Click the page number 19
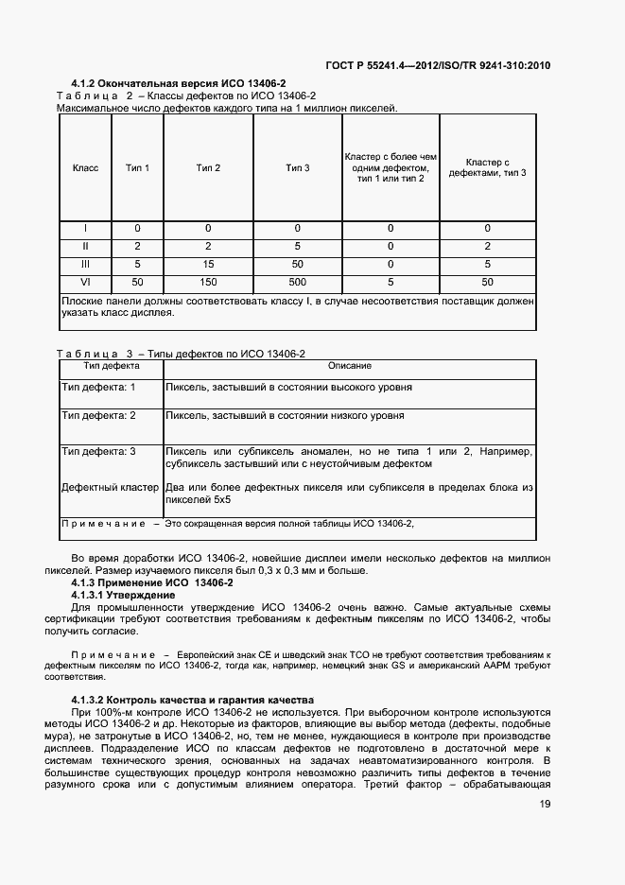545,804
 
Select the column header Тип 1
138,168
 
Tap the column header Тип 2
208,168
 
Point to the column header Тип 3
298,168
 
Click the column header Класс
85,168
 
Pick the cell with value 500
298,283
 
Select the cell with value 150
208,283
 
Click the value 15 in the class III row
208,265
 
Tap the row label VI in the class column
85,283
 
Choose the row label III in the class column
85,265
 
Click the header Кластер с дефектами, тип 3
488,168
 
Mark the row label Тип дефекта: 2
98,416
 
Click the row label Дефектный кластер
110,488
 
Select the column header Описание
349,366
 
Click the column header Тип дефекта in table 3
112,366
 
